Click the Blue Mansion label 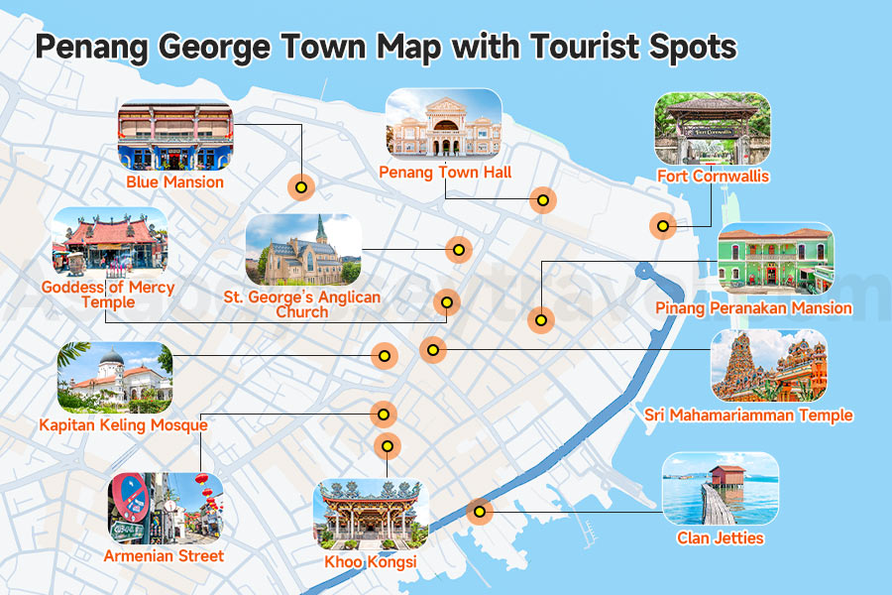coord(174,182)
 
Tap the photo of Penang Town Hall coord(443,124)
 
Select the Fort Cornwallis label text coord(713,177)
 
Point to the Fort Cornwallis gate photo coord(712,129)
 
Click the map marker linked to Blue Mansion coord(300,186)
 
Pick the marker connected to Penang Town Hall coord(542,200)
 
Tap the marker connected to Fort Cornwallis coord(663,226)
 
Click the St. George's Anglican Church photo coord(303,250)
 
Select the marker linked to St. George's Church coord(458,249)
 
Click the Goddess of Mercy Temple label coord(108,295)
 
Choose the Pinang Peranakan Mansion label coord(753,308)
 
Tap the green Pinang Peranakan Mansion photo coord(775,258)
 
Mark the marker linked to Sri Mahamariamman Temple coord(432,349)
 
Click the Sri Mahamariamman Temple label coord(748,416)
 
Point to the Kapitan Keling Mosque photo coord(115,378)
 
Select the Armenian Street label coord(164,556)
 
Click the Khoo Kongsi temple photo coord(371,515)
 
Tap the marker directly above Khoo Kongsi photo coord(388,446)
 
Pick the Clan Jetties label coord(721,538)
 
